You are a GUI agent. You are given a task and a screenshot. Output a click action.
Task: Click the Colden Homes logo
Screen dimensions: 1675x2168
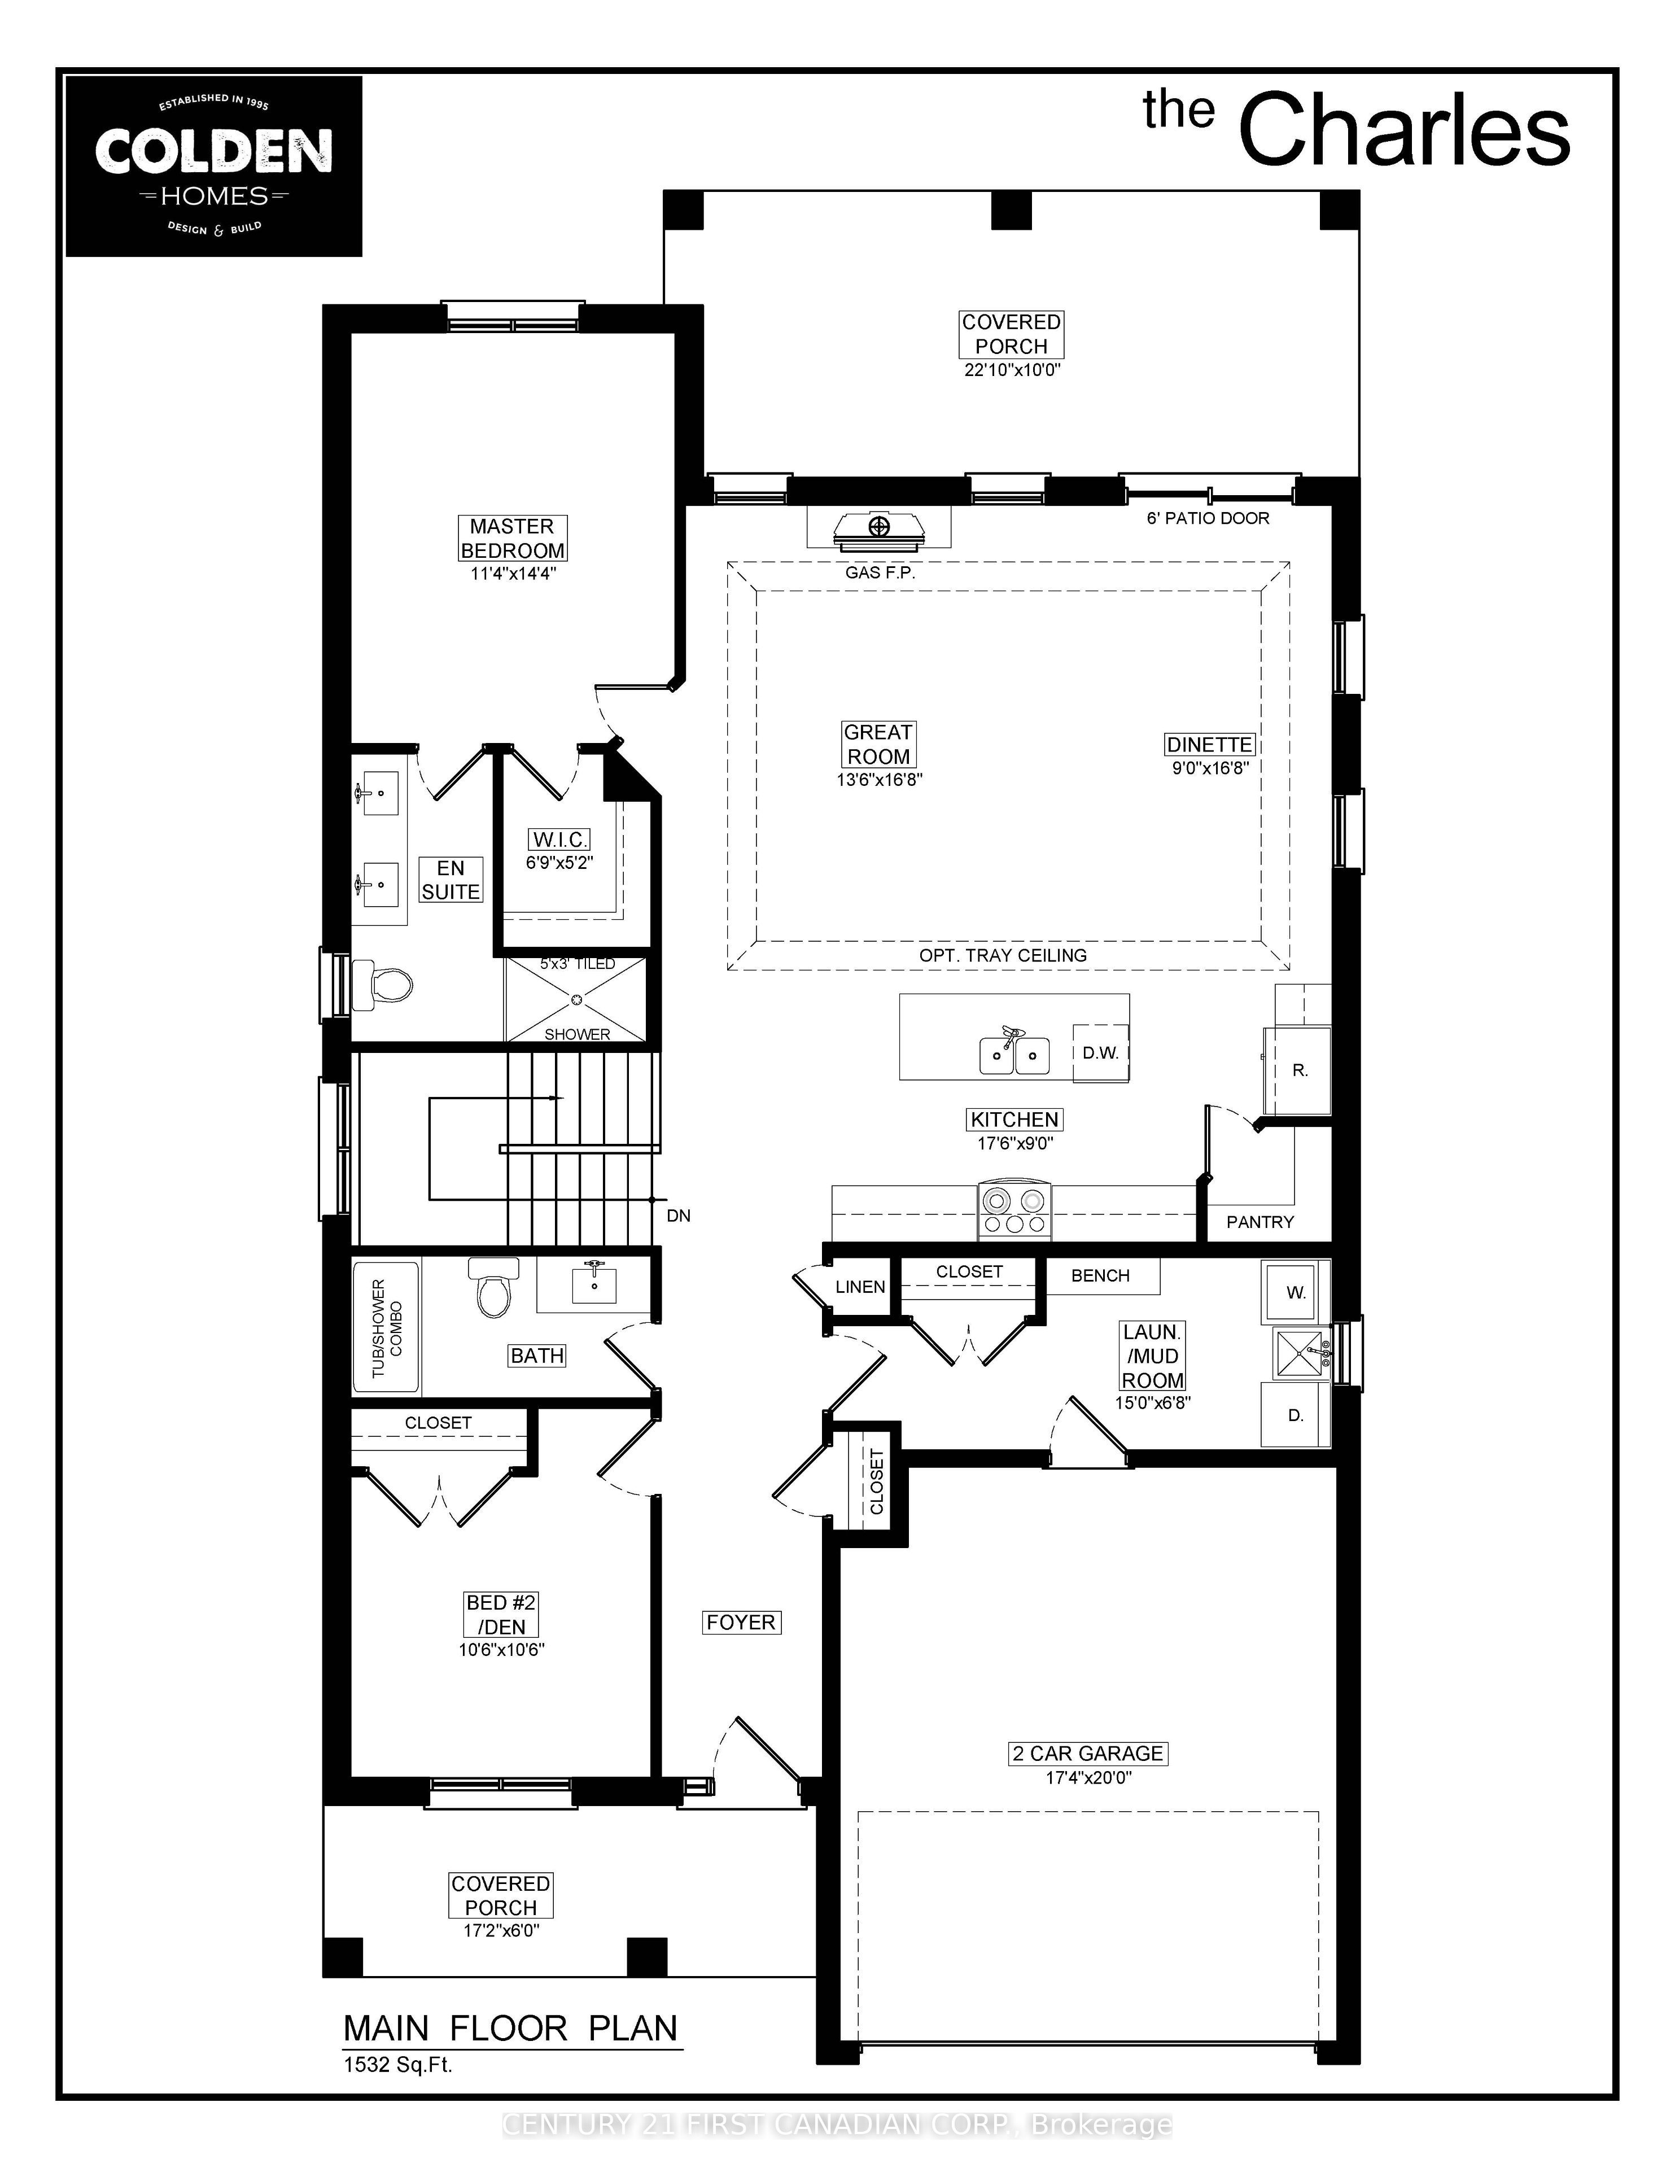[213, 167]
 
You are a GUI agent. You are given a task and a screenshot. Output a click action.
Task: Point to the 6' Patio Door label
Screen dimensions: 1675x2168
[1208, 518]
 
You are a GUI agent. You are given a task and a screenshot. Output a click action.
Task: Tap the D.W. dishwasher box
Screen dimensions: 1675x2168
[1101, 1053]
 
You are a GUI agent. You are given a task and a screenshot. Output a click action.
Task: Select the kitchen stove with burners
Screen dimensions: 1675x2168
[1014, 1211]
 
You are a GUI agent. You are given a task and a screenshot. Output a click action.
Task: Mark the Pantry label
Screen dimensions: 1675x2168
[1260, 1222]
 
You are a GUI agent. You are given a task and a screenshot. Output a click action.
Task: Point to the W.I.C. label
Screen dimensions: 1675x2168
[560, 840]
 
